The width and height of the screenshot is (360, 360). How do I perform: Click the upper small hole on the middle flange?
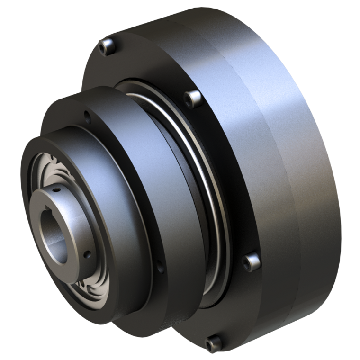point(86,115)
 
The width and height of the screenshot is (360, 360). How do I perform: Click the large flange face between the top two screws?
point(147,66)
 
